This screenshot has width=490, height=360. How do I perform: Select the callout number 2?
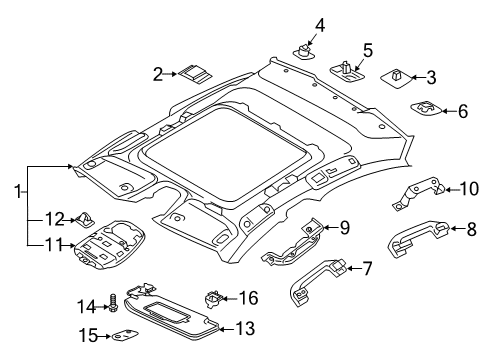tap(158, 73)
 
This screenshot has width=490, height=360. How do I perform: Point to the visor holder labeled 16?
tap(213, 298)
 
